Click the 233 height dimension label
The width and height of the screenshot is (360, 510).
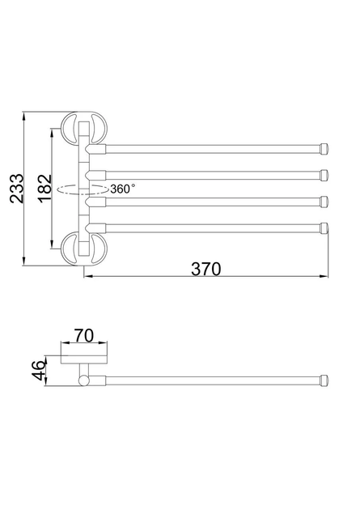[17, 189]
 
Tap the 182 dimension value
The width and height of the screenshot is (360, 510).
[45, 189]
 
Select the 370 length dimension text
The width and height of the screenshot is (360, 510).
[206, 269]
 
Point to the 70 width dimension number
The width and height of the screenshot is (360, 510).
[84, 336]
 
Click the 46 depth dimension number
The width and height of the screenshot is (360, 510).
[39, 371]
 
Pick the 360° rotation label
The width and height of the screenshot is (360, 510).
[122, 189]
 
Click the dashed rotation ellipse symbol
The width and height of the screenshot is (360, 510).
[83, 189]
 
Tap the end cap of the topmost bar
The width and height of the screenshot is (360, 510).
[324, 149]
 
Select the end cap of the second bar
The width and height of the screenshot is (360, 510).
[324, 175]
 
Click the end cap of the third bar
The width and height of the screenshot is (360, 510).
[324, 202]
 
